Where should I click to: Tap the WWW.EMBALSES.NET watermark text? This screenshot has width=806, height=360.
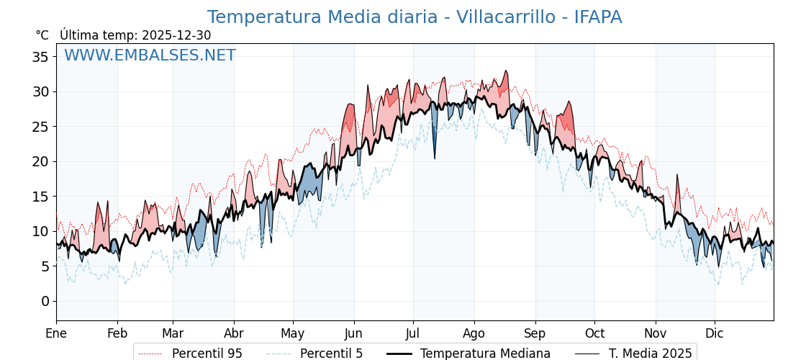pyautogui.click(x=150, y=55)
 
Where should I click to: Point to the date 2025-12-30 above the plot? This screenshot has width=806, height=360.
pyautogui.click(x=176, y=35)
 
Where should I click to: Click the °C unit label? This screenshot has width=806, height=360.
pyautogui.click(x=42, y=35)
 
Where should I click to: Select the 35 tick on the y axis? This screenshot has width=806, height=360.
pyautogui.click(x=40, y=57)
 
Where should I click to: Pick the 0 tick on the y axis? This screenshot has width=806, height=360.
pyautogui.click(x=45, y=301)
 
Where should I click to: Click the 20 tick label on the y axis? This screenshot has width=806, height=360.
pyautogui.click(x=40, y=161)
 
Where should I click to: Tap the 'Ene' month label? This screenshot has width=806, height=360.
pyautogui.click(x=56, y=333)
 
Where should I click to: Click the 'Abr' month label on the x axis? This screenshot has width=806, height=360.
pyautogui.click(x=234, y=333)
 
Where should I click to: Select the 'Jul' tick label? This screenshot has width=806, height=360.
pyautogui.click(x=413, y=333)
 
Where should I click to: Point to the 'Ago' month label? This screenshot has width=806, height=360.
pyautogui.click(x=474, y=333)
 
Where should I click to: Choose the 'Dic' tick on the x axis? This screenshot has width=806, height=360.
pyautogui.click(x=715, y=333)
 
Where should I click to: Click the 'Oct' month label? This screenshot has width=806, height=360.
pyautogui.click(x=594, y=333)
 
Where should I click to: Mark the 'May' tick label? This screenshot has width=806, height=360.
pyautogui.click(x=293, y=333)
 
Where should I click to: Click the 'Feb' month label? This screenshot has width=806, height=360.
pyautogui.click(x=117, y=333)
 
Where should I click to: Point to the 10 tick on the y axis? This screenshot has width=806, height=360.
pyautogui.click(x=40, y=231)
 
